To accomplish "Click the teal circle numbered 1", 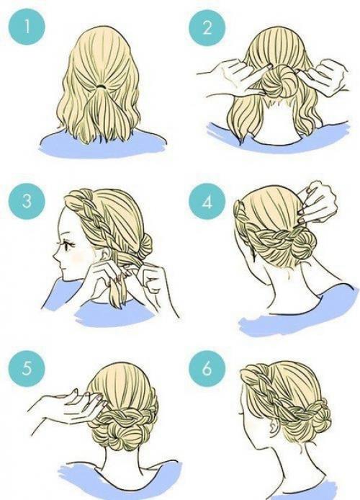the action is tap(27, 27).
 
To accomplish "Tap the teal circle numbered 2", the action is tap(207, 27).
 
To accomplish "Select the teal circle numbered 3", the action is tap(27, 202).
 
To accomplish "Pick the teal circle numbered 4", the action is tap(207, 202).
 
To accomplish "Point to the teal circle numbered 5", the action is tap(27, 369).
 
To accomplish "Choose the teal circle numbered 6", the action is tap(207, 369).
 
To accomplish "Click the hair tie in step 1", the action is tap(102, 86).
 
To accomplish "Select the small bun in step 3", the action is tap(145, 245).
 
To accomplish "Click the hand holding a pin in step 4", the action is tap(316, 202).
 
